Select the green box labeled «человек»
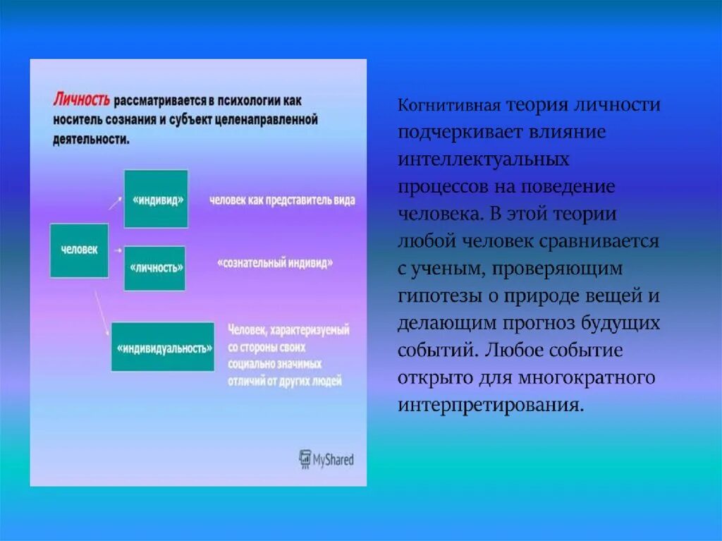pyautogui.click(x=79, y=250)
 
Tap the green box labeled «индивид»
pyautogui.click(x=156, y=199)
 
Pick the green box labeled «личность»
pyautogui.click(x=154, y=268)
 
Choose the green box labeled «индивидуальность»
pyautogui.click(x=163, y=347)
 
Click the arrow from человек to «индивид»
pyautogui.click(x=114, y=205)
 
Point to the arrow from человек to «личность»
pyautogui.click(x=117, y=250)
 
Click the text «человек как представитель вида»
pyautogui.click(x=282, y=200)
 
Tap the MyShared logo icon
pyautogui.click(x=305, y=459)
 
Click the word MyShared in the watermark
pyautogui.click(x=334, y=461)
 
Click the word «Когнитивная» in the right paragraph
pyautogui.click(x=449, y=107)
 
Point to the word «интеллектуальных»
pyautogui.click(x=483, y=160)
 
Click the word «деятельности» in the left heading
pyautogui.click(x=90, y=139)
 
